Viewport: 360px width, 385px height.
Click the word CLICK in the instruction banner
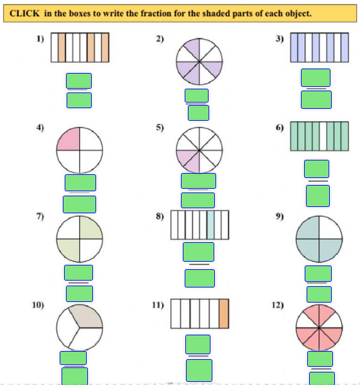click(x=25, y=13)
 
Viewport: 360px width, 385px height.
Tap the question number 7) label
click(x=40, y=216)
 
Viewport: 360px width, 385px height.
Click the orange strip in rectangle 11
click(x=224, y=313)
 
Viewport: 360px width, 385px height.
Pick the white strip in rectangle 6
click(x=323, y=137)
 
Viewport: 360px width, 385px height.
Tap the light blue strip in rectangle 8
click(x=210, y=225)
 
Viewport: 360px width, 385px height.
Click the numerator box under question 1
click(x=79, y=81)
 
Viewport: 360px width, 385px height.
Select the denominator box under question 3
click(x=317, y=99)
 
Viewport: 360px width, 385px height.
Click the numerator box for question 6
click(x=317, y=169)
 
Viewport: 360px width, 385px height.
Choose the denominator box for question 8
click(x=200, y=278)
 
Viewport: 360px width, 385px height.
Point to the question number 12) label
click(x=278, y=305)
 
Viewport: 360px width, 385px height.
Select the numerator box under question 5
click(x=199, y=181)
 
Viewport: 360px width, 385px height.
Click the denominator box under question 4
click(x=79, y=204)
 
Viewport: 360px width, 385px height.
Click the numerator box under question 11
click(x=198, y=344)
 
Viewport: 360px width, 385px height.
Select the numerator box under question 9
click(x=318, y=274)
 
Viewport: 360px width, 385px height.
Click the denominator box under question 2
click(x=199, y=113)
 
